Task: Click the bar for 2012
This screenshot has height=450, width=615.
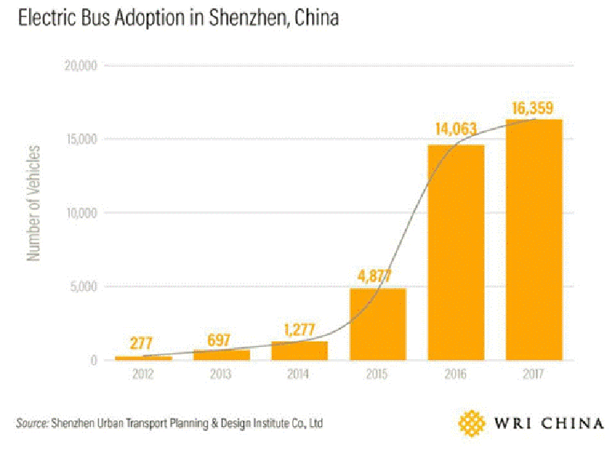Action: click(143, 357)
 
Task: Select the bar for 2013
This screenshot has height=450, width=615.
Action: click(221, 354)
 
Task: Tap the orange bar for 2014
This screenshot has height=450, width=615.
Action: click(299, 350)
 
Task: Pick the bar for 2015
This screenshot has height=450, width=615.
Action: click(377, 323)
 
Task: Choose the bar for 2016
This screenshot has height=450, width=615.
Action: click(456, 252)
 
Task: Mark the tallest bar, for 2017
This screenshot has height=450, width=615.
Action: click(534, 240)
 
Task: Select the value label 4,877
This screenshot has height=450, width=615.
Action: click(377, 275)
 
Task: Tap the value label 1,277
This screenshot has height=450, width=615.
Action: click(298, 330)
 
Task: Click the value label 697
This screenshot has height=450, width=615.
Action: click(220, 339)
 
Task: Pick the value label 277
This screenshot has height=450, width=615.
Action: click(142, 344)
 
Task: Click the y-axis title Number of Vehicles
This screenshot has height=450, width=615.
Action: click(34, 201)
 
